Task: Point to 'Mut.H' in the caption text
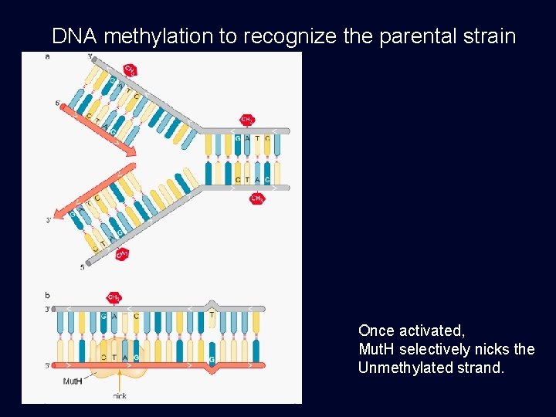point(377,349)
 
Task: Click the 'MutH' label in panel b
point(73,381)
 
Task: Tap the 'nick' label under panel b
point(120,396)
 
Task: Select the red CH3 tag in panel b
point(114,297)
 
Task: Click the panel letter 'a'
point(48,56)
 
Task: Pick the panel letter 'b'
point(48,295)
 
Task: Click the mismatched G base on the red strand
point(212,359)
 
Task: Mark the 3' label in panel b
point(48,309)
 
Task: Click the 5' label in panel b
point(48,365)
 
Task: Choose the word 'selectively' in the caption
point(434,349)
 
